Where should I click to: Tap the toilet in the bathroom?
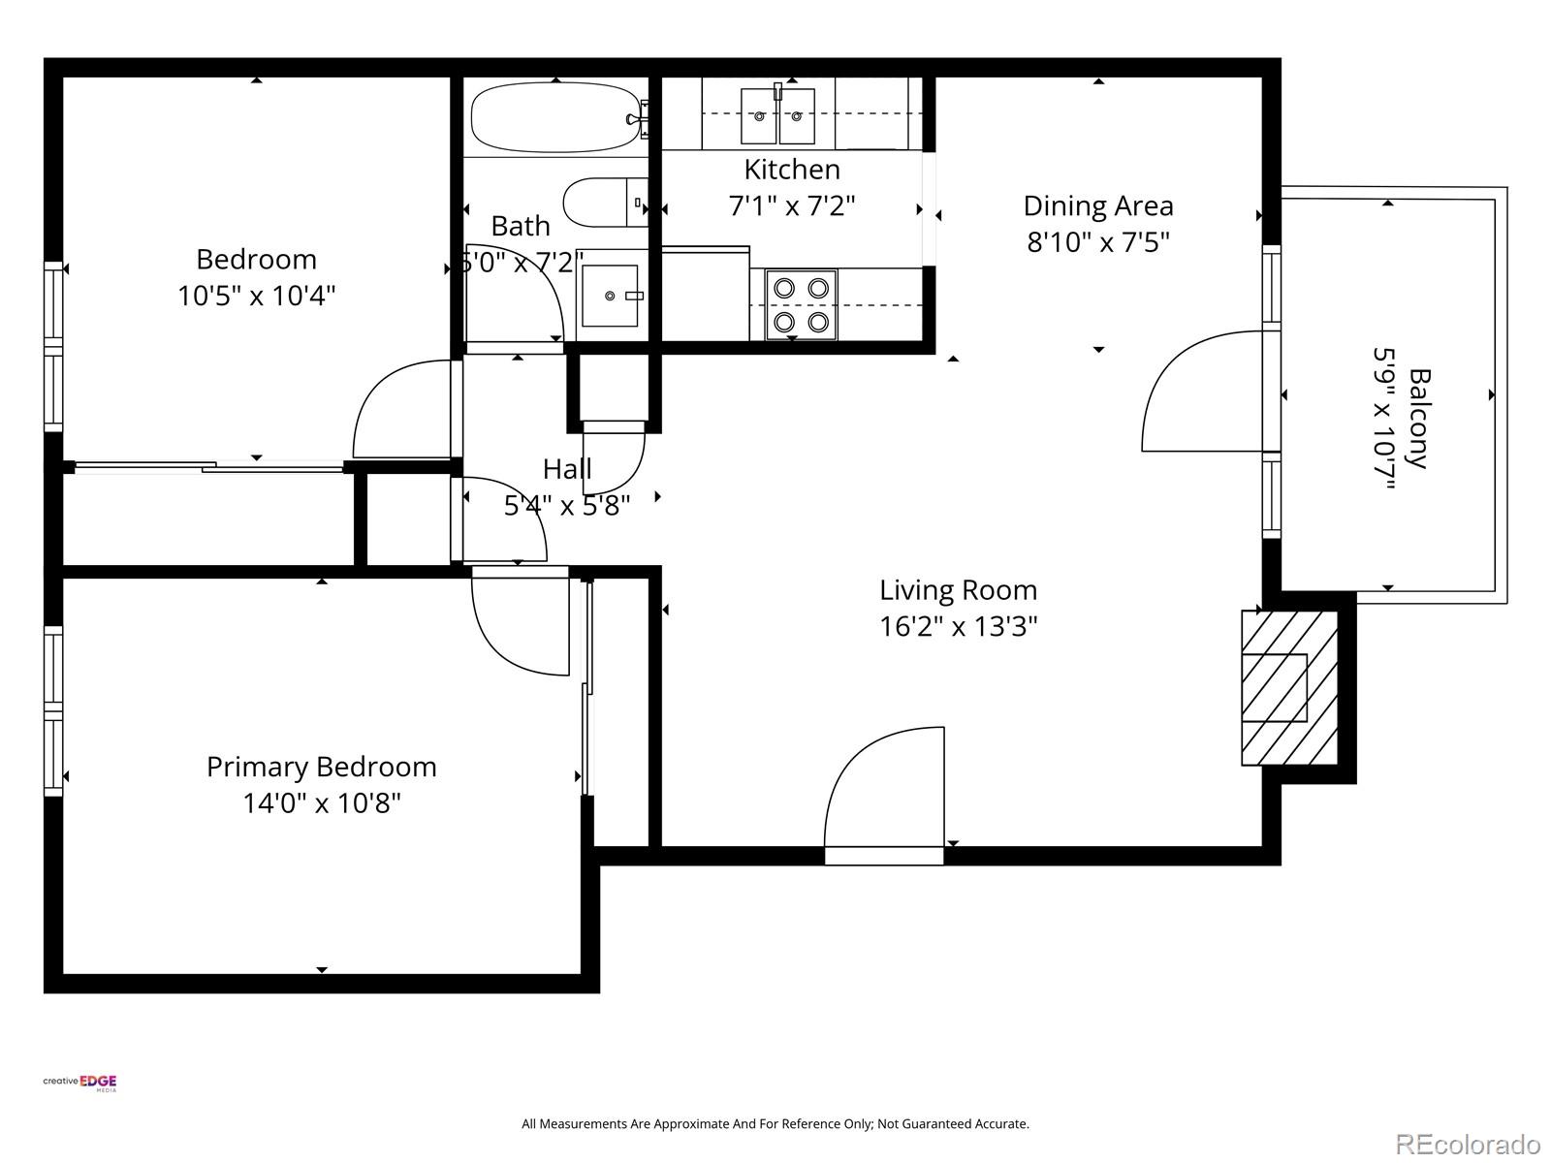tap(601, 201)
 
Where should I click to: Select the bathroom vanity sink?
tap(609, 296)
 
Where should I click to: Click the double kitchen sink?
tap(777, 115)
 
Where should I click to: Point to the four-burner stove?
tap(802, 305)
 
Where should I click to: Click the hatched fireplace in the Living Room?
tap(1289, 687)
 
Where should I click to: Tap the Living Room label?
tap(958, 589)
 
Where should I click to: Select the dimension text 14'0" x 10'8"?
tap(321, 803)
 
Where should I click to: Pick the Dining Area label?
tap(1097, 205)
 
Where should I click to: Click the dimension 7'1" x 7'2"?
tap(791, 205)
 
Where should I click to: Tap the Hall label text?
tap(567, 469)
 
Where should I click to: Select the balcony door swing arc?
tap(1202, 393)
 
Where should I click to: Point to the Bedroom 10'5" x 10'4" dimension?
tap(256, 296)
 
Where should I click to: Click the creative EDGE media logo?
tap(80, 1084)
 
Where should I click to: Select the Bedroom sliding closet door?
tap(208, 468)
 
